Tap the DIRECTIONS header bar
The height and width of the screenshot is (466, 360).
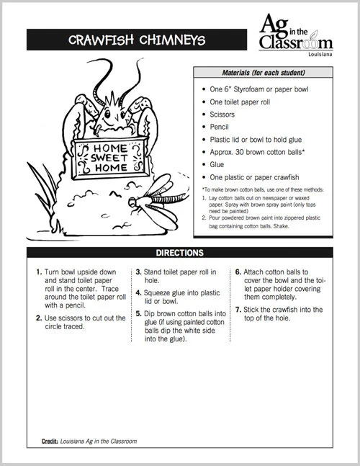[179, 253]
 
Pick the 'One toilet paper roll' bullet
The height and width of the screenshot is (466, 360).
[242, 102]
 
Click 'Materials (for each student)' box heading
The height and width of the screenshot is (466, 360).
[262, 73]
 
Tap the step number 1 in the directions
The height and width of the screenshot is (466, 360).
[38, 273]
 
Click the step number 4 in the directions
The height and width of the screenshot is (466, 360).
[138, 294]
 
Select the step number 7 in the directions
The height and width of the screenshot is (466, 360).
[238, 309]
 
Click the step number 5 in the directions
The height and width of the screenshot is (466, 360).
[138, 315]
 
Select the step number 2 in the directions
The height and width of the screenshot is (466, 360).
[38, 318]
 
